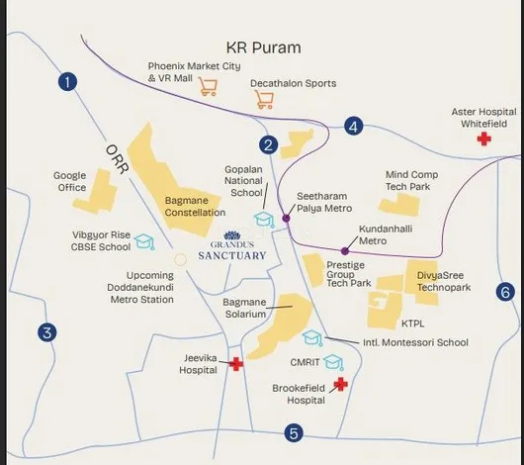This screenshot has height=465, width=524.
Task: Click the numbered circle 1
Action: click(x=67, y=82)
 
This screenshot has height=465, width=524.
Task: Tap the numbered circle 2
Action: click(x=268, y=144)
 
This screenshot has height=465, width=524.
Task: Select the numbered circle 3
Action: click(x=45, y=332)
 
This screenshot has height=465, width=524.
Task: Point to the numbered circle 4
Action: click(x=354, y=126)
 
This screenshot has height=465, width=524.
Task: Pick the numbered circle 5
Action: click(x=293, y=432)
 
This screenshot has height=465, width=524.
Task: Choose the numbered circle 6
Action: click(x=504, y=292)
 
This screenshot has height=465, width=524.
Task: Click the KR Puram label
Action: click(x=263, y=47)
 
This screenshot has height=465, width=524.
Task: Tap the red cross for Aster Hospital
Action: click(x=483, y=140)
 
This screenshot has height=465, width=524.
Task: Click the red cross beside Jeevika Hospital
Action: click(x=236, y=364)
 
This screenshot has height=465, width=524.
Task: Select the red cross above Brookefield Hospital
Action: click(x=340, y=383)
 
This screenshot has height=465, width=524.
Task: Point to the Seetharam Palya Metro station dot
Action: click(x=286, y=218)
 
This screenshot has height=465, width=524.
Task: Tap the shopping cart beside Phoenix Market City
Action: click(x=208, y=86)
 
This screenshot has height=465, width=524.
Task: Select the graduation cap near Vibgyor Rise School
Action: click(x=144, y=240)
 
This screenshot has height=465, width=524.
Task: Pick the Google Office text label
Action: click(x=69, y=181)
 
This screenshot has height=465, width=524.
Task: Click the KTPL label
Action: click(x=412, y=324)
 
